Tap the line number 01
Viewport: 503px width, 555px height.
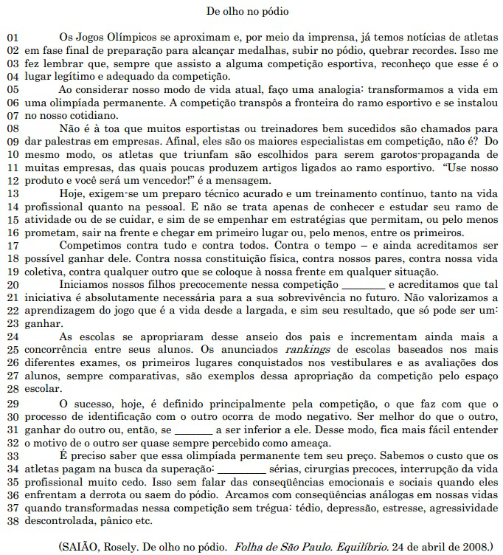tap(12, 36)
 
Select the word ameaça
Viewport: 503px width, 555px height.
tap(289, 442)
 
